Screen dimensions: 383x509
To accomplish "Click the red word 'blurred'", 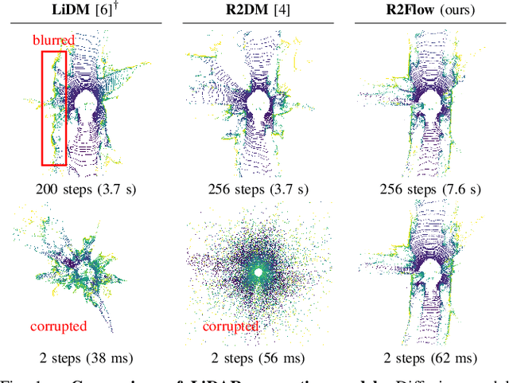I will (54, 40).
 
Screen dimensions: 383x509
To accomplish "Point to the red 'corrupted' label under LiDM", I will (58, 326).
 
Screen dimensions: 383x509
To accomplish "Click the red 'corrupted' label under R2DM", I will (230, 326).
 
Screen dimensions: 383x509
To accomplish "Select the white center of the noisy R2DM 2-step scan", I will (257, 272).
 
